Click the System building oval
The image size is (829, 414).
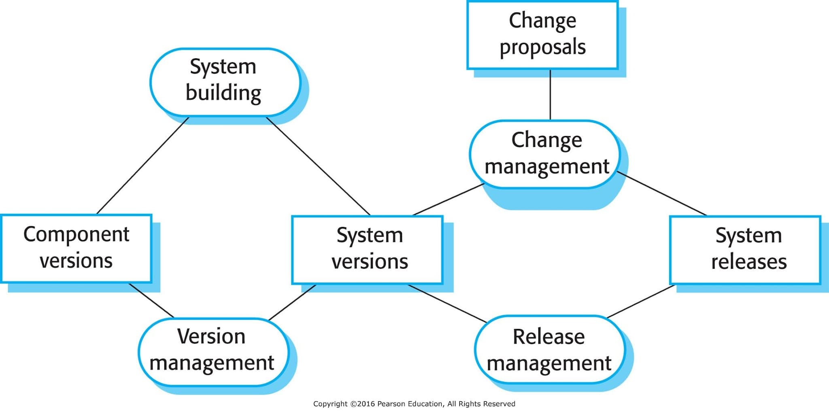point(225,82)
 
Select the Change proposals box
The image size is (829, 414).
point(542,35)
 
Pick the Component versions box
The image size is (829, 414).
point(77,248)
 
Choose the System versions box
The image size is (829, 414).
point(368,250)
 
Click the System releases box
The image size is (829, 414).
point(745,250)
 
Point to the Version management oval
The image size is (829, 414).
point(214,352)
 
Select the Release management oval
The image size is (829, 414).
point(550,350)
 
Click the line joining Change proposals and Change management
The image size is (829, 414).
point(550,95)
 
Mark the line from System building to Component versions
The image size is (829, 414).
point(143,166)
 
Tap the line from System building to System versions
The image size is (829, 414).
point(318,166)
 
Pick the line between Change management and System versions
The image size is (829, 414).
point(449,199)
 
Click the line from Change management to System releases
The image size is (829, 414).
point(662,193)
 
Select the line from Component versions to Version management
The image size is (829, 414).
point(151,300)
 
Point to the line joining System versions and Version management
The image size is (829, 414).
point(292,302)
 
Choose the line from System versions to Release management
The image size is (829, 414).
point(448,304)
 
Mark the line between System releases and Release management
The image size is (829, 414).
point(641,301)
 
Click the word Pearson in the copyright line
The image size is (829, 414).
point(391,403)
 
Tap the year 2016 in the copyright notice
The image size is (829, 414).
point(366,403)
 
